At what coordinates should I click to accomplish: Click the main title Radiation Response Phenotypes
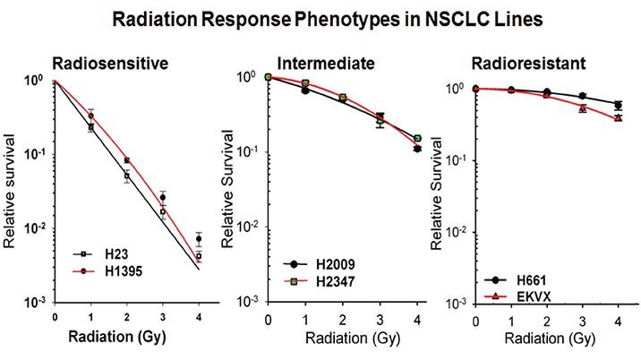tap(320, 20)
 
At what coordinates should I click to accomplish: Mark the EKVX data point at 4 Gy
tap(619, 118)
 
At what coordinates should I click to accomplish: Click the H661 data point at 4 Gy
tap(619, 105)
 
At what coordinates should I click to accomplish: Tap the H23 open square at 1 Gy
tap(90, 127)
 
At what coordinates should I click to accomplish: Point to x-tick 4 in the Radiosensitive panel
tap(198, 317)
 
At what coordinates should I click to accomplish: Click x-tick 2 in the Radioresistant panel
tap(546, 320)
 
